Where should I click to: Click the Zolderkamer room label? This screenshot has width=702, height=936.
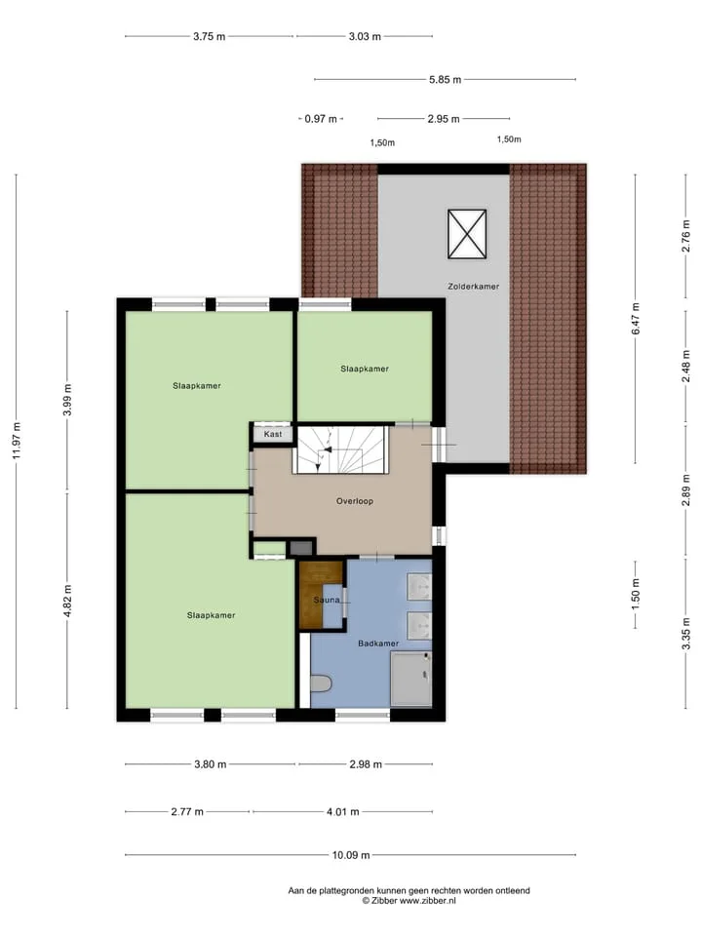tap(474, 287)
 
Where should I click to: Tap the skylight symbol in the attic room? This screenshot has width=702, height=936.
tap(467, 234)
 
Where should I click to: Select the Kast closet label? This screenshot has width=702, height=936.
tap(273, 434)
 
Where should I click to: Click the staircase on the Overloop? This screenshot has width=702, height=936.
tap(340, 449)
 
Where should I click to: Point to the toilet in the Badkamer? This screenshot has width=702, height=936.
tap(321, 683)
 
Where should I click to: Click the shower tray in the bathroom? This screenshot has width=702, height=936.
tap(410, 680)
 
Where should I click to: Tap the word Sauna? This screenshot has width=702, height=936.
tap(327, 600)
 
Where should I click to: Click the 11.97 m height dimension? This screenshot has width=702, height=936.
tap(17, 441)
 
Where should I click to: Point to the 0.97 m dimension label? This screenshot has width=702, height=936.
tap(321, 119)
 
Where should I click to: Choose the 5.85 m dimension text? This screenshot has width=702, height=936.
tap(445, 79)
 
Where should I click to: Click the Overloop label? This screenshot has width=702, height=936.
tap(355, 501)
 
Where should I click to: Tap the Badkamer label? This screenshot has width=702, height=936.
tap(378, 643)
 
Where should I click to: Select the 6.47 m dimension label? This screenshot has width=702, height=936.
tap(636, 319)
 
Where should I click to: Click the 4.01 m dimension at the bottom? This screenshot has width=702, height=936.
tap(342, 812)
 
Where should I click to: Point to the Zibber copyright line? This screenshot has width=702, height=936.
tap(409, 901)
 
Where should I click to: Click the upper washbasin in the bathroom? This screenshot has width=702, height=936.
tap(419, 587)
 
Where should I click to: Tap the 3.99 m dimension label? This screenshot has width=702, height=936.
tap(67, 400)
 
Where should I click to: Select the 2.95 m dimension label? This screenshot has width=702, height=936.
tap(444, 119)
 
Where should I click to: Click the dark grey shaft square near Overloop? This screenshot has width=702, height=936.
tap(301, 548)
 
